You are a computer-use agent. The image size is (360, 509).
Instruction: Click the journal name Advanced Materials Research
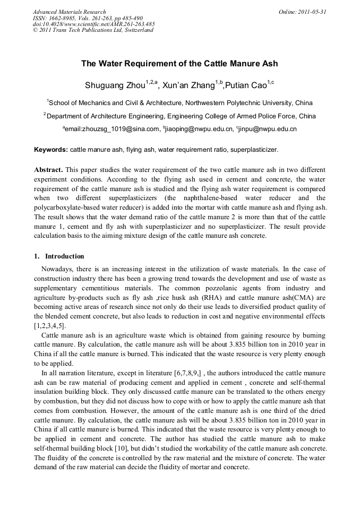(x=69, y=12)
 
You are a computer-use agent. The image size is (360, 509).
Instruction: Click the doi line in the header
(x=93, y=24)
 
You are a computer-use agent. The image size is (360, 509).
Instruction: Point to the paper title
(x=179, y=64)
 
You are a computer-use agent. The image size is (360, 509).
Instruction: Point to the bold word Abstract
(x=49, y=169)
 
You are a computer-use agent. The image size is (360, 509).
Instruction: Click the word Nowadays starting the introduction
(x=59, y=270)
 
